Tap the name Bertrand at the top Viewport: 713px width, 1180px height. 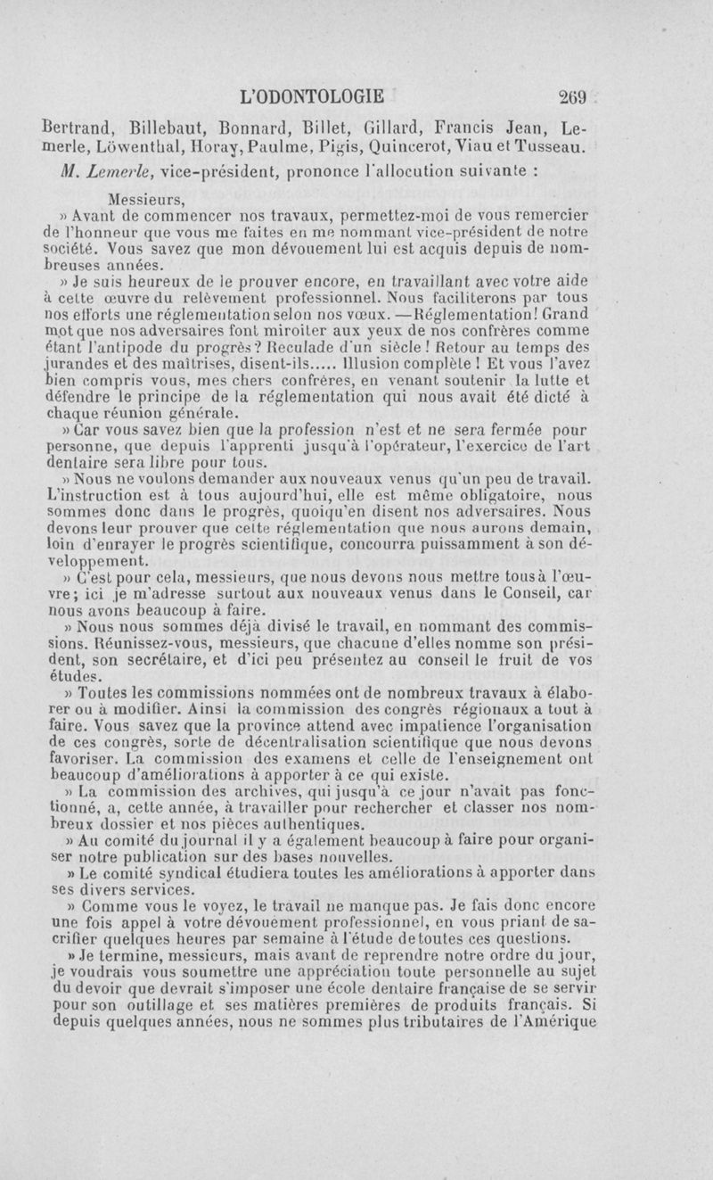(x=78, y=125)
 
